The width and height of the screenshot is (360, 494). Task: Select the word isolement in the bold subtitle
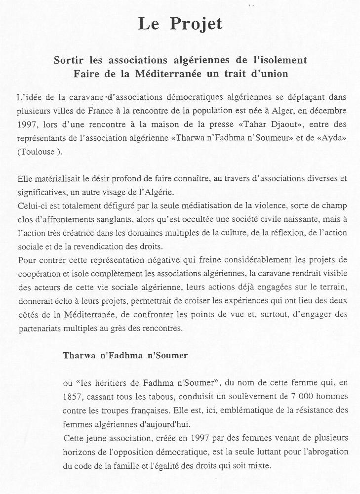pos(282,60)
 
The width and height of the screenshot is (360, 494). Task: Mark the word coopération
pos(37,273)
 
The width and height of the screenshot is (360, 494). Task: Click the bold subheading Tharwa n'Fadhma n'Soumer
pos(125,355)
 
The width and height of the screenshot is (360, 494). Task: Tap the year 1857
pos(72,397)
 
